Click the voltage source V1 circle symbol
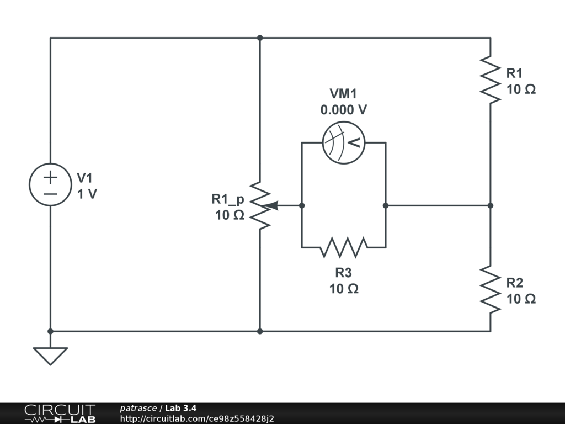click(50, 184)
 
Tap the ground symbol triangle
click(50, 355)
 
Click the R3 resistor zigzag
click(344, 247)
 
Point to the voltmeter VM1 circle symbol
click(344, 142)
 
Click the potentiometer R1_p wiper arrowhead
click(269, 205)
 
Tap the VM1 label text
click(344, 94)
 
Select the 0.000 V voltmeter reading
click(344, 110)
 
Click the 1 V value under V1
click(87, 194)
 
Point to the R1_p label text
click(228, 199)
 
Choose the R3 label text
click(344, 272)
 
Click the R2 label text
click(514, 283)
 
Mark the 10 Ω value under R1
click(521, 89)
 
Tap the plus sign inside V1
click(50, 177)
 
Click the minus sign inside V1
click(50, 193)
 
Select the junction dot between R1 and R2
click(491, 205)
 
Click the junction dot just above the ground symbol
click(50, 331)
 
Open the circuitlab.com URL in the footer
click(197, 418)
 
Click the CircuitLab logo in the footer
click(60, 414)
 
